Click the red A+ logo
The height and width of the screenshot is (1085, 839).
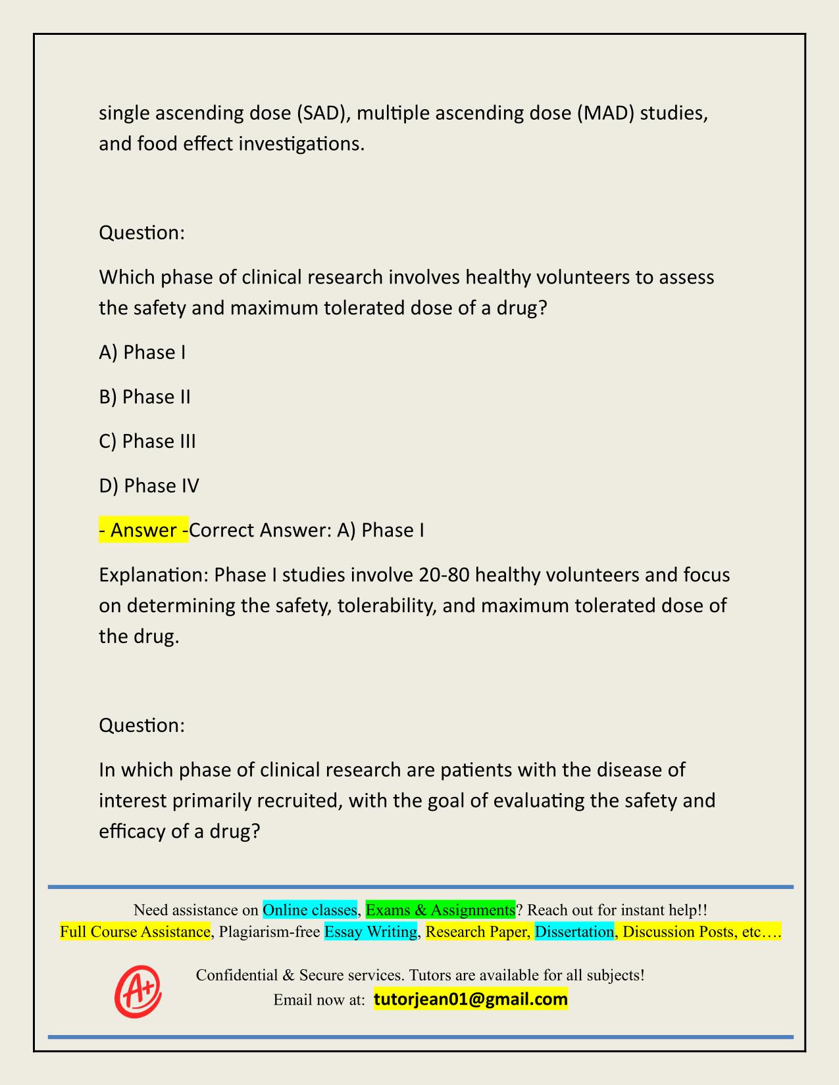[x=138, y=991]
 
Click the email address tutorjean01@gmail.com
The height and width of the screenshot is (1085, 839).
[x=470, y=1000]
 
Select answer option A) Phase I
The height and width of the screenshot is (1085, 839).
[x=142, y=352]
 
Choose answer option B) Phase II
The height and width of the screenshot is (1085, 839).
[x=145, y=397]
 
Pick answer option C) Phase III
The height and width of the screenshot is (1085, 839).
[x=147, y=441]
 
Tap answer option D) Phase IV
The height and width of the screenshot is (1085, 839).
[x=149, y=486]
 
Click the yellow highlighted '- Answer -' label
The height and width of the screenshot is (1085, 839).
[x=143, y=530]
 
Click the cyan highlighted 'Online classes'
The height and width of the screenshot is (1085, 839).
[x=309, y=910]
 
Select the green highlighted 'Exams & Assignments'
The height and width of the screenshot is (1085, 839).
[x=440, y=910]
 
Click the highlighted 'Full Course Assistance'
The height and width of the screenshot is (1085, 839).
[x=135, y=932]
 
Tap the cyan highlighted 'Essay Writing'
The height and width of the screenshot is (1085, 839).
[x=370, y=932]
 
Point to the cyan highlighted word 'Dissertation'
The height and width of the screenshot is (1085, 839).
[x=574, y=932]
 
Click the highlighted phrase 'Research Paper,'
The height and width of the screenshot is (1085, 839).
[x=477, y=932]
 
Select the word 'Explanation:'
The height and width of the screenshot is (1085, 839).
[x=153, y=575]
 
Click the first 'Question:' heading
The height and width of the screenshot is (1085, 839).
[x=141, y=233]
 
